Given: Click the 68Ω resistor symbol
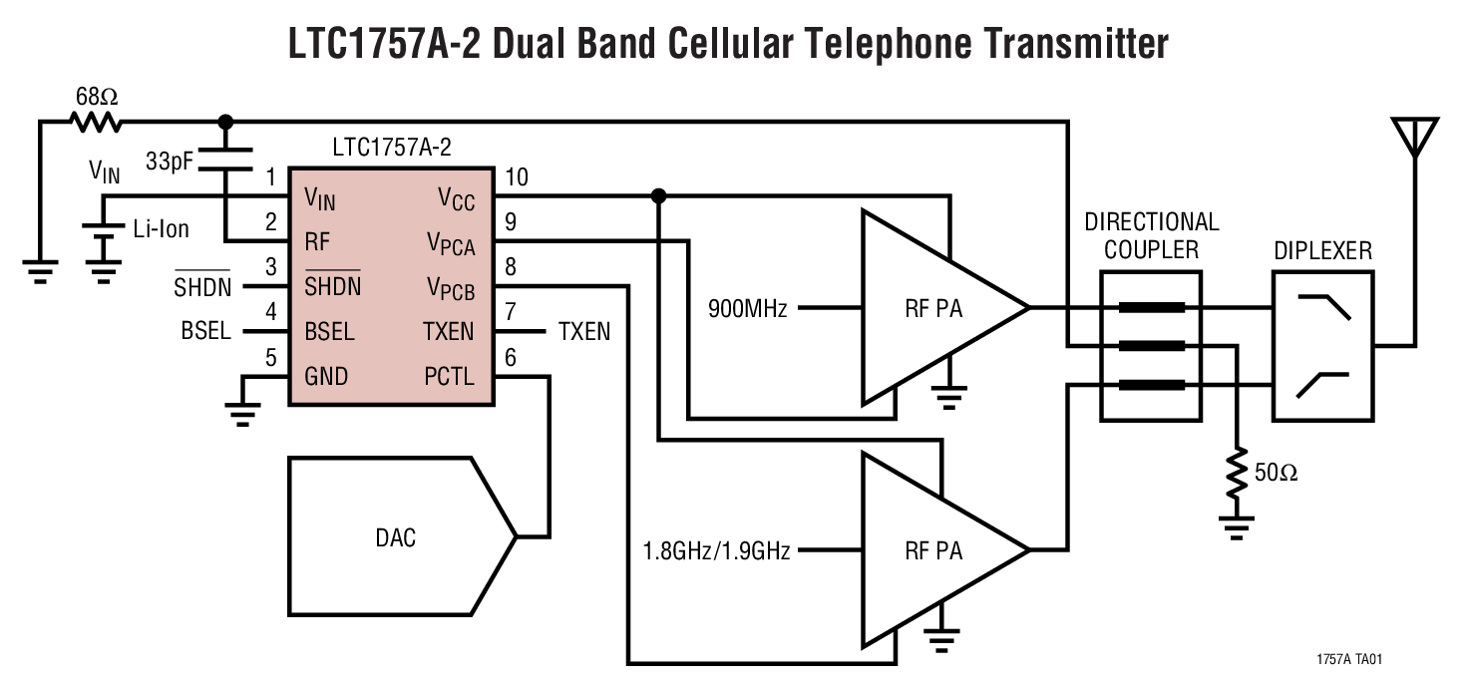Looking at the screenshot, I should [x=96, y=122].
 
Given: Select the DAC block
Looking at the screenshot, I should [x=396, y=537].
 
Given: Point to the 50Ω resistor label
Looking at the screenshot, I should [x=1276, y=473].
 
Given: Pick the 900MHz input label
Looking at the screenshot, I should [x=748, y=309].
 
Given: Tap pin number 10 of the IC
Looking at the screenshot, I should [x=517, y=178].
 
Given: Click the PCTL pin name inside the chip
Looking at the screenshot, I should [x=449, y=377].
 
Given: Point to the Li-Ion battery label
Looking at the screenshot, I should [x=161, y=229].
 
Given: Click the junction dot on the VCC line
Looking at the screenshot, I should [x=658, y=196].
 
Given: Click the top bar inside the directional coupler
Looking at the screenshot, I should [x=1151, y=308].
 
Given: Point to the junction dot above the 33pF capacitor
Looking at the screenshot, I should [x=225, y=122].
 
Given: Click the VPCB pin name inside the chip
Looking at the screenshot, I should [x=450, y=288].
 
